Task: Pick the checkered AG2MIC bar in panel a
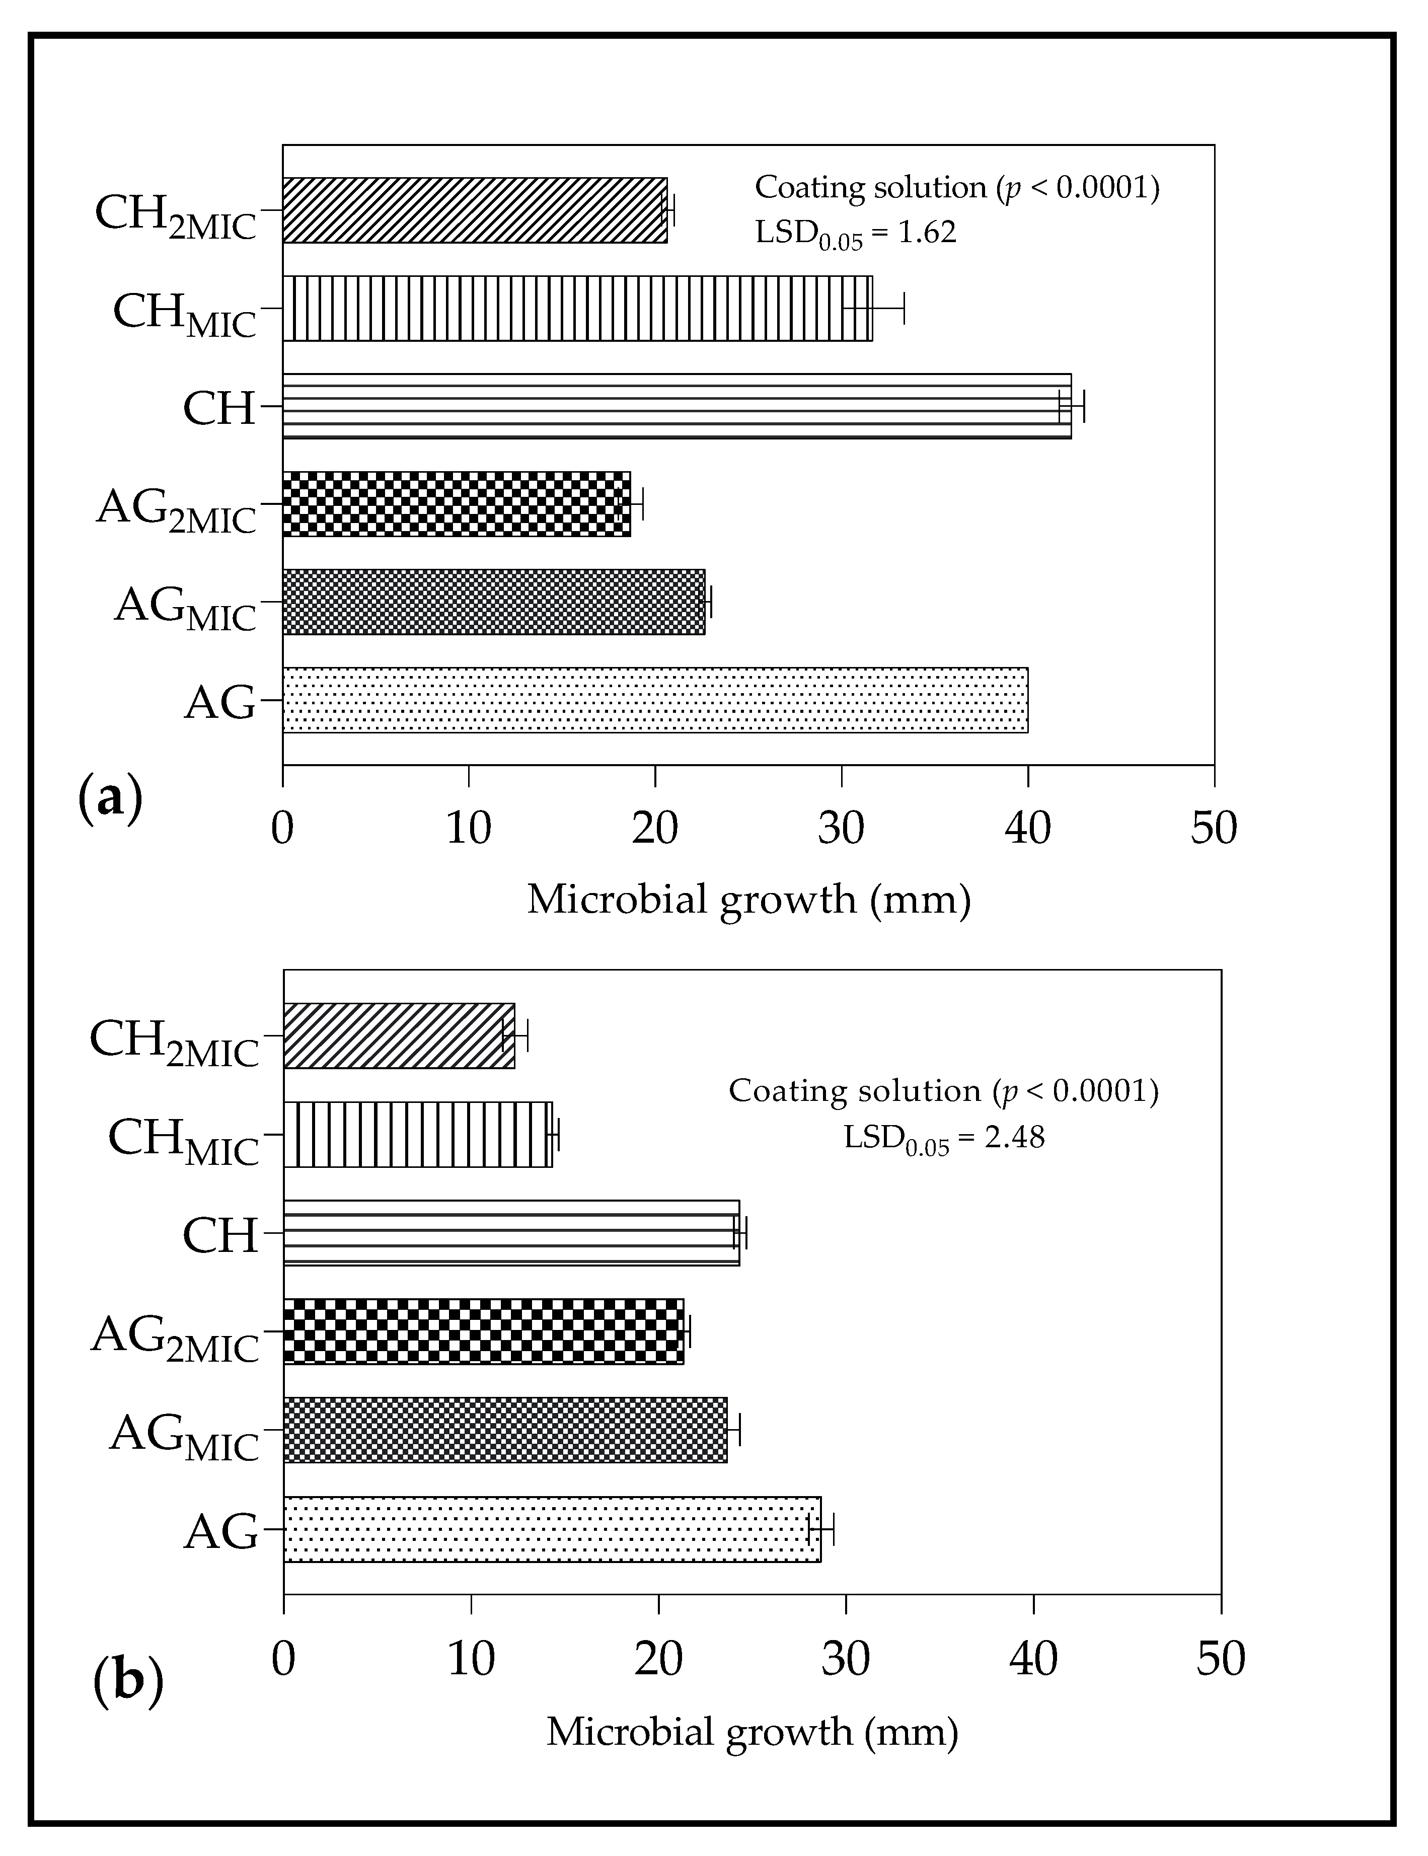(x=456, y=504)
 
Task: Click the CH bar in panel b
(x=510, y=1233)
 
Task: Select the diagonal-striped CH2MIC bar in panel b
(x=399, y=1036)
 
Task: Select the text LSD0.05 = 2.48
(x=943, y=1138)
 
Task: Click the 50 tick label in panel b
(x=1220, y=1658)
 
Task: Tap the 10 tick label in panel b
(x=471, y=1658)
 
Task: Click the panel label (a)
(x=110, y=800)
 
